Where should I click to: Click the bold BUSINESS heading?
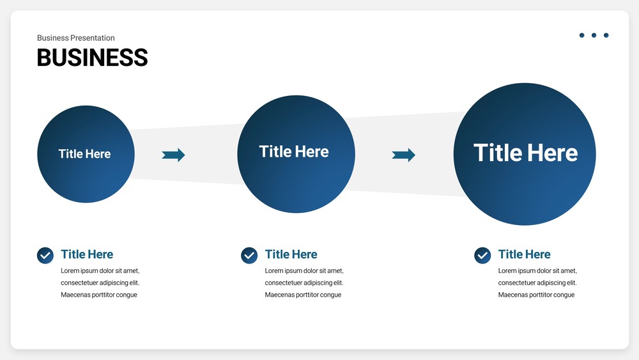92,58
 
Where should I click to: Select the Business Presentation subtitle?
76,38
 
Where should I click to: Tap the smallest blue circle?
86,154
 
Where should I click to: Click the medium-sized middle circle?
296,154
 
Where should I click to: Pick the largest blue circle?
525,154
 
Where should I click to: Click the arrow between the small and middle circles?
174,155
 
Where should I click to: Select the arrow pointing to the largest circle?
403,155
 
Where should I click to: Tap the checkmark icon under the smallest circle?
45,256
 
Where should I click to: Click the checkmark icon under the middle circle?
249,256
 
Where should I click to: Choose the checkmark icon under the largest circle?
482,256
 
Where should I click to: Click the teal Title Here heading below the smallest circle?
87,254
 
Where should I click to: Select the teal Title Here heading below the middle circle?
291,254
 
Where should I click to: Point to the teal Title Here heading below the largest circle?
524,254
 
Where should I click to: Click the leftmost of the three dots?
582,35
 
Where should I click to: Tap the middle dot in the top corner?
594,35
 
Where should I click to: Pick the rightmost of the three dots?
606,35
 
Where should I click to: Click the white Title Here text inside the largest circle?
526,153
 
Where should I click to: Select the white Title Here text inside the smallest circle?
84,153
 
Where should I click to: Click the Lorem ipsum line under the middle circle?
304,270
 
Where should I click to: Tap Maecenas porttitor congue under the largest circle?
536,295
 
